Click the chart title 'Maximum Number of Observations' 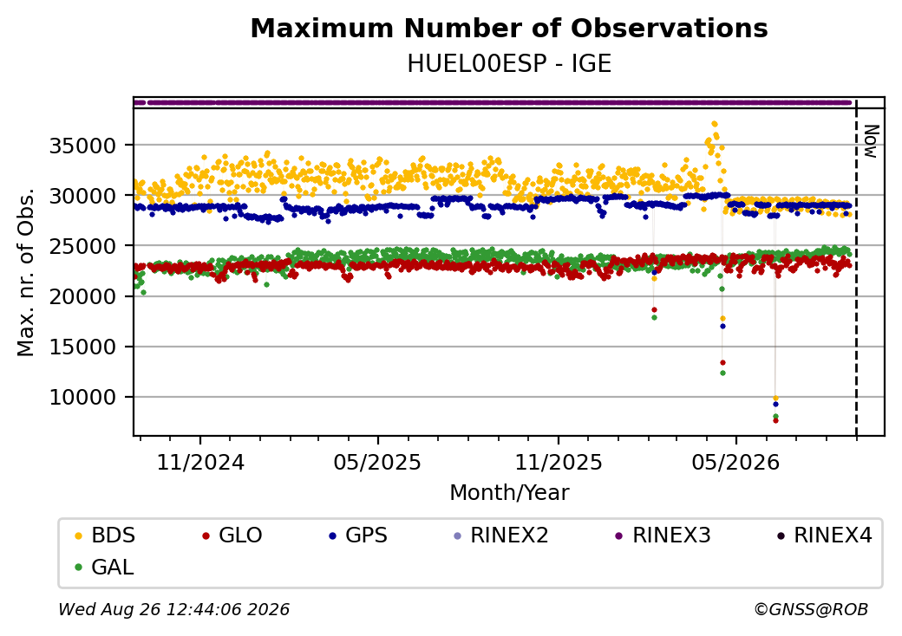point(509,28)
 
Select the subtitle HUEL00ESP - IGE point(509,63)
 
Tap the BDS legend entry point(105,535)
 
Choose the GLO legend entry point(232,535)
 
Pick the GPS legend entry point(358,535)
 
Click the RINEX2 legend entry point(501,535)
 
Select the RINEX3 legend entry point(663,535)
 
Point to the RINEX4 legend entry point(824,535)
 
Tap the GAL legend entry point(105,567)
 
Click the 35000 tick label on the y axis point(83,146)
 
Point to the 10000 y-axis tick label point(83,397)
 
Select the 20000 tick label point(83,296)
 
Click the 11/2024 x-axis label point(200,462)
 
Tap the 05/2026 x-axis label point(735,462)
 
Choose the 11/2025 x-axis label point(558,462)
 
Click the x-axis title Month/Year point(509,492)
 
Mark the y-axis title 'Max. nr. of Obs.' point(26,272)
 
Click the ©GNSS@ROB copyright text point(811,609)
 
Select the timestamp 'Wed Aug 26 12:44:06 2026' point(174,609)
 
